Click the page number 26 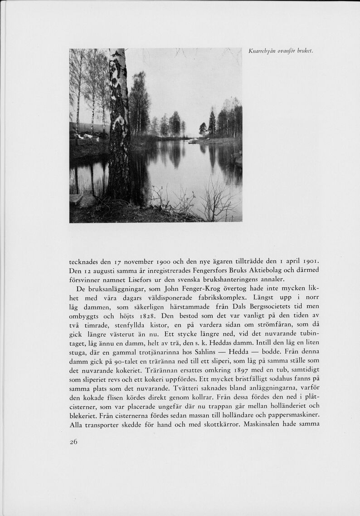point(73,442)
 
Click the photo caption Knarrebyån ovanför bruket point(281,51)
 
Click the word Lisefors point(142,279)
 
